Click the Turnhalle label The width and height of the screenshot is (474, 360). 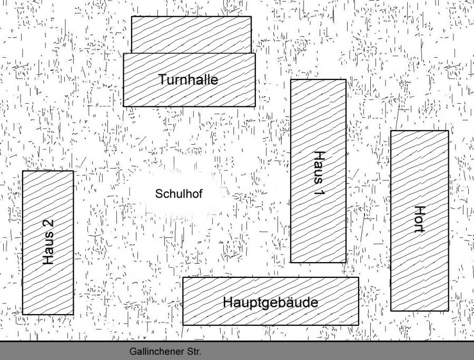tap(188, 80)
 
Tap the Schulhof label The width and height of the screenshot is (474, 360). tap(179, 194)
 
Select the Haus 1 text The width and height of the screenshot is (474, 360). tap(319, 174)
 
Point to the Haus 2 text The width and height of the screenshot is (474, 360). tap(48, 242)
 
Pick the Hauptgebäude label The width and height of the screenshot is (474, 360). tap(270, 303)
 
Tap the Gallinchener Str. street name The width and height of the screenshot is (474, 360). tap(165, 351)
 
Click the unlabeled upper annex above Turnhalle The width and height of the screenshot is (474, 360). tap(191, 34)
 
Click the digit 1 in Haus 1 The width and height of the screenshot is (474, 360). tap(319, 192)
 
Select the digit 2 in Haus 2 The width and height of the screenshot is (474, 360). tap(48, 224)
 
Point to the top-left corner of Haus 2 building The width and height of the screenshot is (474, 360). tap(23, 171)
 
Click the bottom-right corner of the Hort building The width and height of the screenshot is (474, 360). tap(449, 311)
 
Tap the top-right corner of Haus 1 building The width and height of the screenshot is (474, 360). tap(346, 79)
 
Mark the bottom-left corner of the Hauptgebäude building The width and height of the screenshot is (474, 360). tap(183, 325)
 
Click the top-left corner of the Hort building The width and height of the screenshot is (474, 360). tap(391, 131)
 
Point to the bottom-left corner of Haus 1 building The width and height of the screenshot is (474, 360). tap(291, 262)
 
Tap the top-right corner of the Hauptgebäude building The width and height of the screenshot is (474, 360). tap(359, 277)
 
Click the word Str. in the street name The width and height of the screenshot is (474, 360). tap(194, 351)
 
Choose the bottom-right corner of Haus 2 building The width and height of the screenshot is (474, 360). tap(73, 315)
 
